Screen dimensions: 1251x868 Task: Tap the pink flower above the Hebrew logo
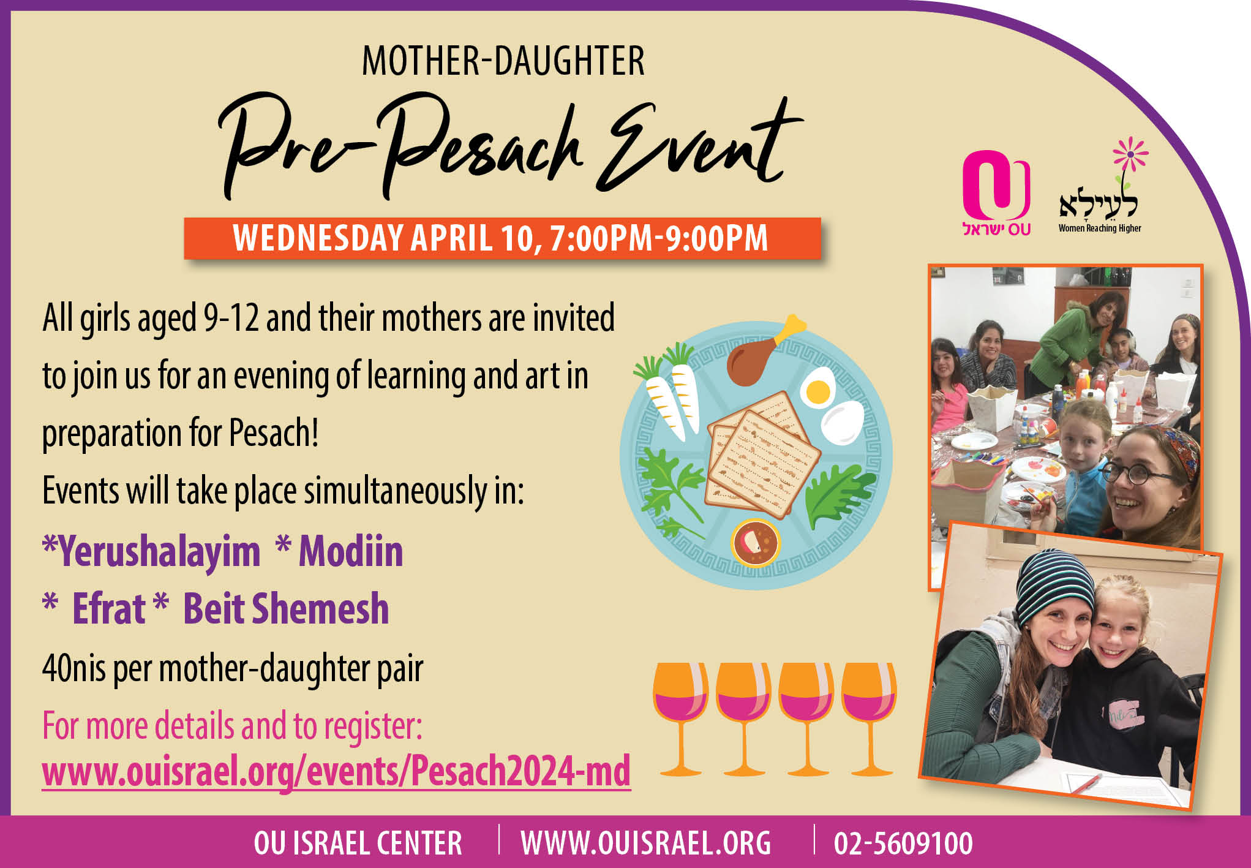pyautogui.click(x=1130, y=153)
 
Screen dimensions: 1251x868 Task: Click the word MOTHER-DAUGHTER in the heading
pyautogui.click(x=503, y=61)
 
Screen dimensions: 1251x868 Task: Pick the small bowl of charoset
pyautogui.click(x=756, y=542)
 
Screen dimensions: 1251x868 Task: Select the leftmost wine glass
pyautogui.click(x=680, y=719)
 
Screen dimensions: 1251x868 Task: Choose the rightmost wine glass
pyautogui.click(x=869, y=719)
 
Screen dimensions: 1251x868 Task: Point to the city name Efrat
pyautogui.click(x=108, y=609)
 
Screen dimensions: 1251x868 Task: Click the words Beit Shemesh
pyautogui.click(x=286, y=609)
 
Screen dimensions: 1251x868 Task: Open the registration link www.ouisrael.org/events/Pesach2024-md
pyautogui.click(x=336, y=771)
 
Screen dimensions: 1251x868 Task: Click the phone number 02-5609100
pyautogui.click(x=903, y=843)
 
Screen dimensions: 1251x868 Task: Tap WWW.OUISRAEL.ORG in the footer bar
pyautogui.click(x=646, y=843)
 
